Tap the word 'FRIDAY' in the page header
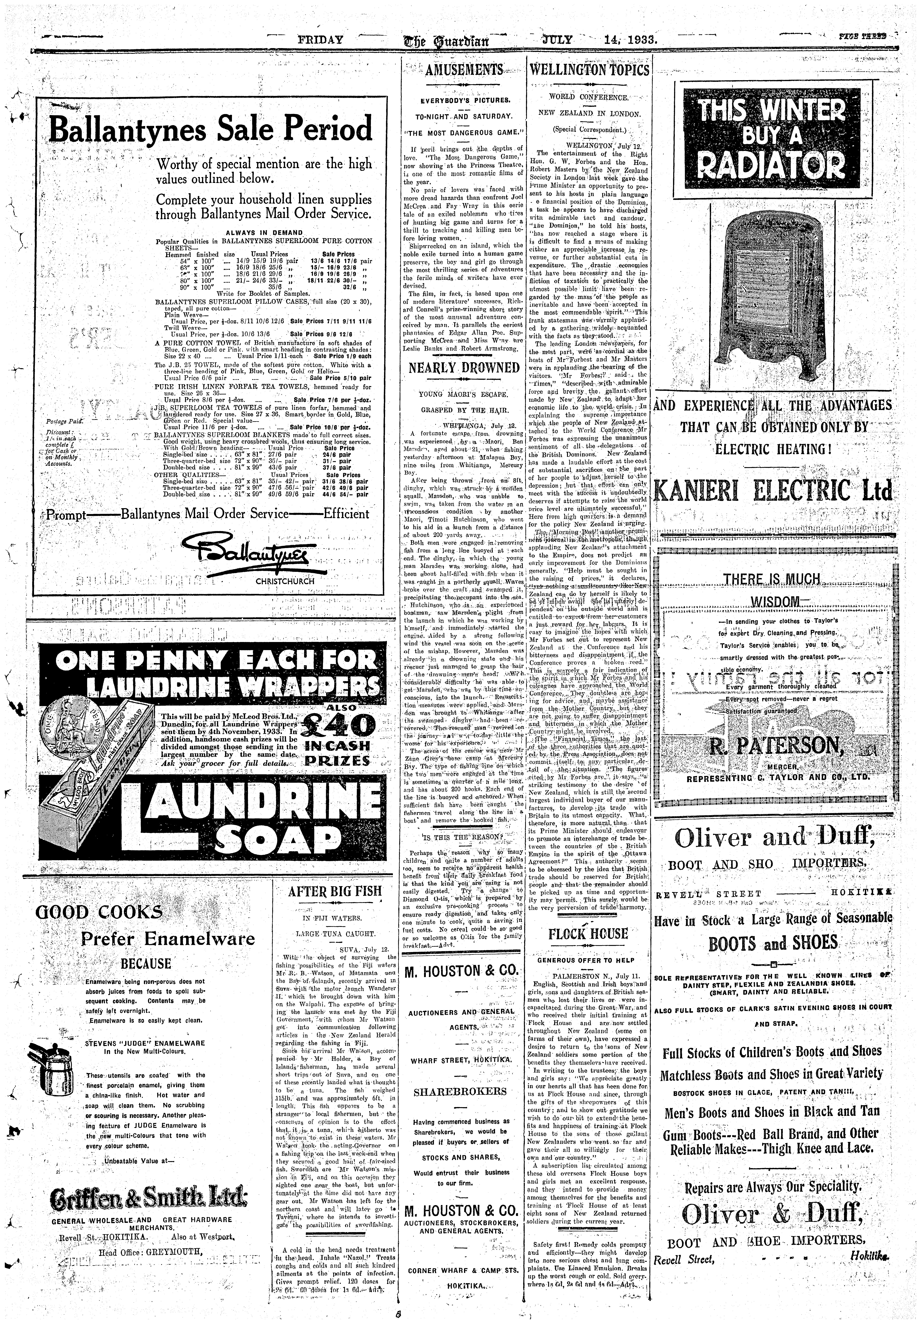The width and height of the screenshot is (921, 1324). coord(320,40)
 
